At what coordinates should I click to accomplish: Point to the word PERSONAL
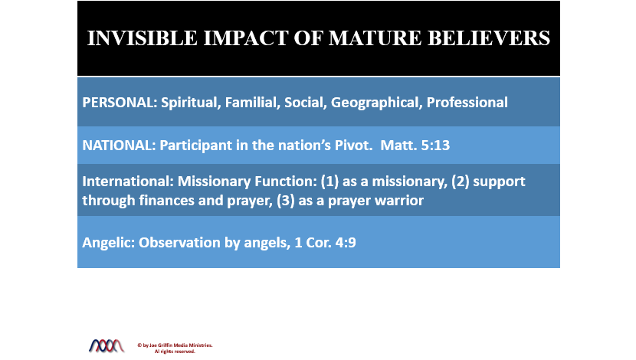pos(120,103)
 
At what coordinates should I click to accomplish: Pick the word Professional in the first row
pos(467,103)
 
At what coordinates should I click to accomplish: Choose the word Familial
pos(252,103)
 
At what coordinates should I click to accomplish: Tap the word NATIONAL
pos(119,145)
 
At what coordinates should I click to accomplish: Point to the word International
pos(128,182)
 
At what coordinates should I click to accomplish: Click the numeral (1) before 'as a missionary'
pos(329,182)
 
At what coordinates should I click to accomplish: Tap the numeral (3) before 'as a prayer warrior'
pos(286,200)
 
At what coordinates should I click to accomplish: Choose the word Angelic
pos(108,243)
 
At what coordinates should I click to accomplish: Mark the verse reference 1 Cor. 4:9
pos(326,243)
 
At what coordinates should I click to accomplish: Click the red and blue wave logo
pos(107,345)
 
